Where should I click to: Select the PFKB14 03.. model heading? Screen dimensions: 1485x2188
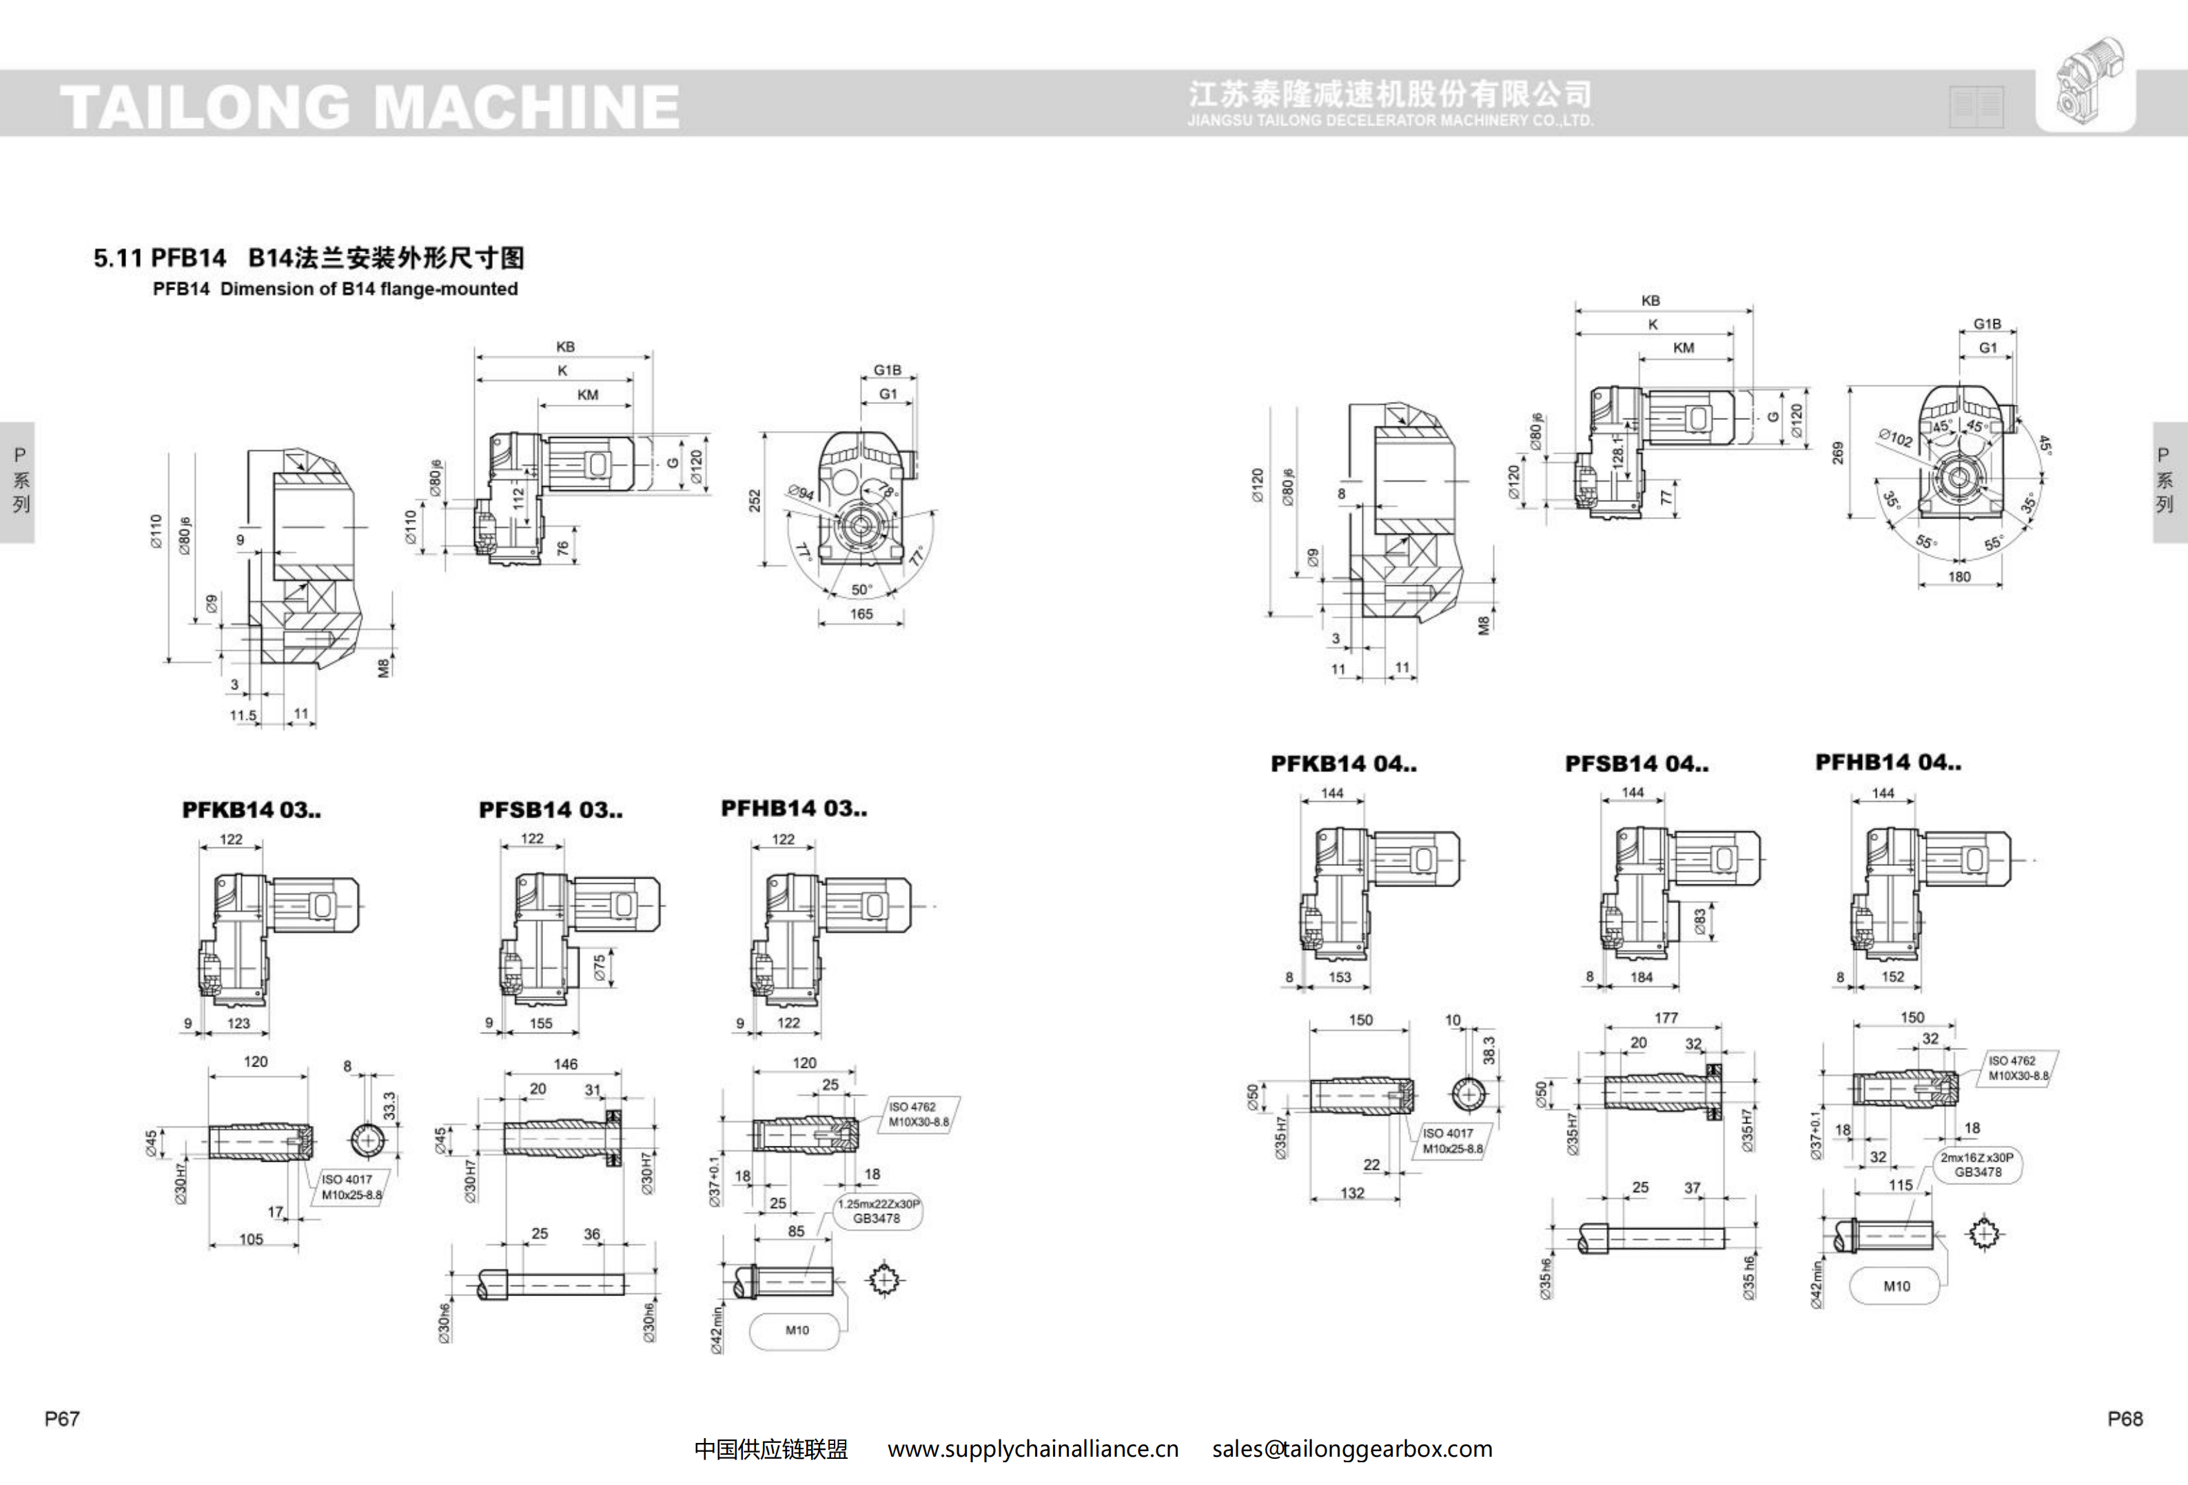pyautogui.click(x=252, y=810)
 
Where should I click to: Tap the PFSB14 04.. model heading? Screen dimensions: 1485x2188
pyautogui.click(x=1636, y=764)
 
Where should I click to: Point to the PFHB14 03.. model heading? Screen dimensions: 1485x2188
pyautogui.click(x=794, y=808)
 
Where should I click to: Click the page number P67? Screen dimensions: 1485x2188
pyautogui.click(x=62, y=1418)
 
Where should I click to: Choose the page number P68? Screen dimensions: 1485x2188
pyautogui.click(x=2125, y=1418)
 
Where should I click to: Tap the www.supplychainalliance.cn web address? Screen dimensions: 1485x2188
pyautogui.click(x=1033, y=1448)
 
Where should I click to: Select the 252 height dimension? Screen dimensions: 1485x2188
pyautogui.click(x=754, y=500)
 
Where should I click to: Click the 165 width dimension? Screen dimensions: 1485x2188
pyautogui.click(x=861, y=614)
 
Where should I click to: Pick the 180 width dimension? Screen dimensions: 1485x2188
pyautogui.click(x=1959, y=577)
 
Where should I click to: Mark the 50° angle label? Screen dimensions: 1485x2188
pyautogui.click(x=861, y=589)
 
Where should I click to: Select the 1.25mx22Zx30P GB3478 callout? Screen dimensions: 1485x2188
pyautogui.click(x=877, y=1211)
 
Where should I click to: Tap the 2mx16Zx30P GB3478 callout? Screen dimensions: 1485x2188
pyautogui.click(x=1977, y=1165)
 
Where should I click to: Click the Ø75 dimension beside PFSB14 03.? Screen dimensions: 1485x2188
pyautogui.click(x=600, y=968)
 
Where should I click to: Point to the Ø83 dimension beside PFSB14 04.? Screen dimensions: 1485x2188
pyautogui.click(x=1699, y=921)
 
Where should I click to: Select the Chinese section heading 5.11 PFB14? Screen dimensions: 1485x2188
pyautogui.click(x=308, y=257)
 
